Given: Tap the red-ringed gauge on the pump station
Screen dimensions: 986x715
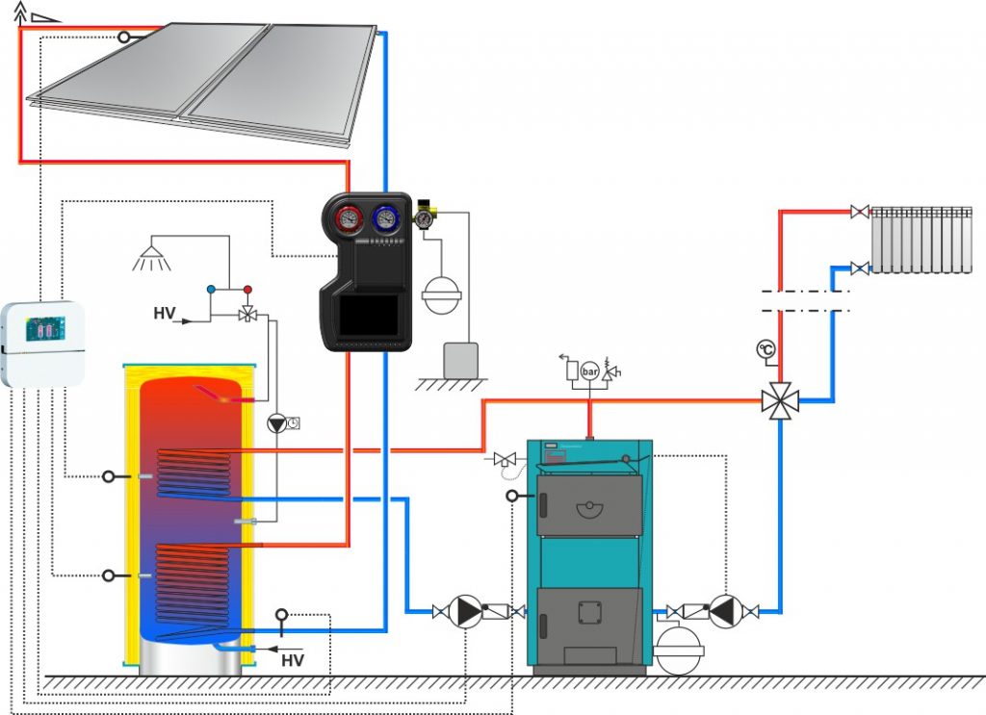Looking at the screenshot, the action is click(x=349, y=218).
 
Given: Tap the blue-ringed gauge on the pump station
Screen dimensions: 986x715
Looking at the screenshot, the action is click(x=385, y=218).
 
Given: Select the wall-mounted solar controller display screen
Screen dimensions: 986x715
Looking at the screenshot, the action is click(x=44, y=328).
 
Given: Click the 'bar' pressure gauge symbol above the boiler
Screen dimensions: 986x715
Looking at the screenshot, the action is click(x=590, y=371).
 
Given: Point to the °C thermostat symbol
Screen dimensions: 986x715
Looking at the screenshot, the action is click(x=765, y=348).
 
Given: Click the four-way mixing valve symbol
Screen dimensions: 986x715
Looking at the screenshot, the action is click(x=780, y=400).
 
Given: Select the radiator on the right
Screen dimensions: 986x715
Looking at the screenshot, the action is click(x=921, y=240).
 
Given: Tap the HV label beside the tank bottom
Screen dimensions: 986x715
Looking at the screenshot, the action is click(x=293, y=660).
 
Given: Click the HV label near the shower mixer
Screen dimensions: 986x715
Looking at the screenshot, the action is click(x=164, y=313).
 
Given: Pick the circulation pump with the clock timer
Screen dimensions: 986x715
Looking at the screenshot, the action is click(x=276, y=423).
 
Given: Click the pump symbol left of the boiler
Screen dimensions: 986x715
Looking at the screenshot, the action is click(x=466, y=611).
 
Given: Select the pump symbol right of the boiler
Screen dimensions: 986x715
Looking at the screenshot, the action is click(x=726, y=611).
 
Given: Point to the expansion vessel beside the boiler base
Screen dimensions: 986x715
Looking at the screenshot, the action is click(x=679, y=650).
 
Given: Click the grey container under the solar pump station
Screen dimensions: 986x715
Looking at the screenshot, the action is click(x=461, y=360).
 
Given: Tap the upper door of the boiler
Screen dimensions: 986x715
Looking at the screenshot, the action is click(x=589, y=505).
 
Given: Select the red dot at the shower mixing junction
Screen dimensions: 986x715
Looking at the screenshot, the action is click(x=247, y=290).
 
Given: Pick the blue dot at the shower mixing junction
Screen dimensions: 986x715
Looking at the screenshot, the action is click(x=211, y=290).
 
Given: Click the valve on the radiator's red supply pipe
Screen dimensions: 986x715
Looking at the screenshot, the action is click(x=860, y=212).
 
